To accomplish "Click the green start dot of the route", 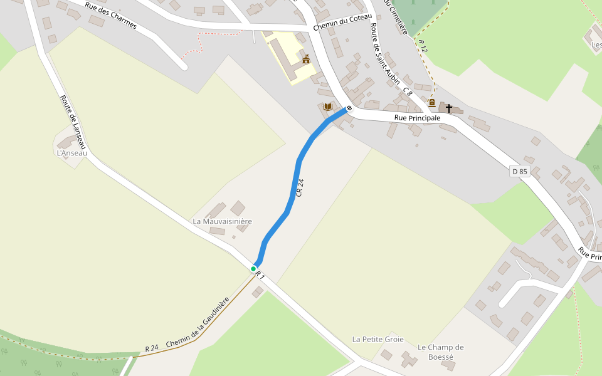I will point(253,269).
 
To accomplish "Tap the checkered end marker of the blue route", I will point(349,108).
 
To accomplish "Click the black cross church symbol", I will point(449,108).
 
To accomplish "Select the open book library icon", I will point(327,107).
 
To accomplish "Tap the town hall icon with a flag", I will point(306,60).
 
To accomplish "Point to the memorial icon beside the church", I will point(432,103).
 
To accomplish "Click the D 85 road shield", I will point(520,171).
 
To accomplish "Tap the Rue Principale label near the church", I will point(417,118).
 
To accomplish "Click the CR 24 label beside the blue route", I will point(300,187).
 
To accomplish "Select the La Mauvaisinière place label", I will point(222,221).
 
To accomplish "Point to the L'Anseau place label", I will point(71,153).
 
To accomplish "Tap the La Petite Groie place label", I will point(378,339).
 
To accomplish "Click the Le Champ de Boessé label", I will point(440,352).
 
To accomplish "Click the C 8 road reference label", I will point(408,92).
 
